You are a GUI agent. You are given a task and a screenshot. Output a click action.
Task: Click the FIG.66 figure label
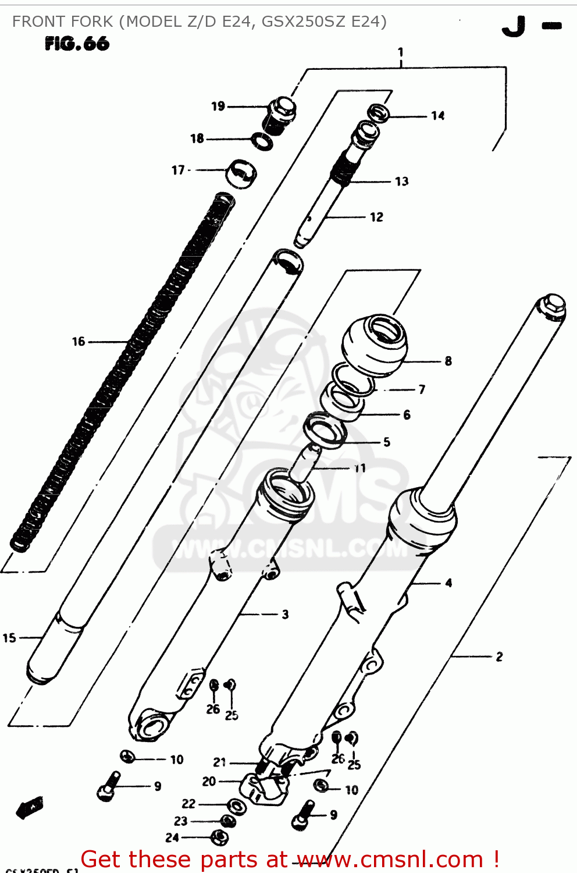[77, 44]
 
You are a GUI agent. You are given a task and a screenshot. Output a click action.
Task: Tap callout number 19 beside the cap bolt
[218, 106]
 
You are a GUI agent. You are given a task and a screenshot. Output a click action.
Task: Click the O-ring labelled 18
[262, 141]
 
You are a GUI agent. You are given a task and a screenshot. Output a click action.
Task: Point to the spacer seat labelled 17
[241, 173]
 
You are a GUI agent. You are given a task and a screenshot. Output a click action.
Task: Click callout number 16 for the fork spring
[79, 342]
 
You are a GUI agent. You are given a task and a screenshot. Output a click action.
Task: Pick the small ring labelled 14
[379, 112]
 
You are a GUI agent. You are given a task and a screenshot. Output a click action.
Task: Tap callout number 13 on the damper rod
[402, 182]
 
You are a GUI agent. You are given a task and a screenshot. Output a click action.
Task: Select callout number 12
[377, 217]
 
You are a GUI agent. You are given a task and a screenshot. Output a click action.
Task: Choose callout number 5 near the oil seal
[387, 442]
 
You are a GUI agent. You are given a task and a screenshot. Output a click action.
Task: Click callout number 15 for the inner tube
[9, 638]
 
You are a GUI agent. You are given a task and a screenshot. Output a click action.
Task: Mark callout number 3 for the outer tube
[285, 615]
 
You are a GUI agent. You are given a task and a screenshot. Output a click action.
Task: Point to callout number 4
[448, 583]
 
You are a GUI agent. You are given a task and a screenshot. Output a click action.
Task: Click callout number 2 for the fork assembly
[499, 656]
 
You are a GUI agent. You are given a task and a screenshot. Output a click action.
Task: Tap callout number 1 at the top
[400, 52]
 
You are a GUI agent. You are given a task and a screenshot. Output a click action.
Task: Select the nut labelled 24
[219, 838]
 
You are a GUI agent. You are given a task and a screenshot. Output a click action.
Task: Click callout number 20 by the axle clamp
[209, 782]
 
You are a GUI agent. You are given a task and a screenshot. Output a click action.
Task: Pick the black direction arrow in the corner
[30, 808]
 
